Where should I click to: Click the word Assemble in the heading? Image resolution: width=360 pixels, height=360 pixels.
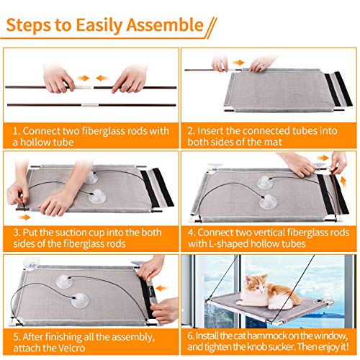pyautogui.click(x=165, y=24)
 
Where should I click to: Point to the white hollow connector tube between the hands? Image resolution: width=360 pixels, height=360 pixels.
pyautogui.click(x=83, y=87)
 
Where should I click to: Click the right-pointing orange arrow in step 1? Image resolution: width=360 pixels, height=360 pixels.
pyautogui.click(x=84, y=78)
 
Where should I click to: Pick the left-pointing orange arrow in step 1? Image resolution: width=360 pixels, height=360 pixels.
pyautogui.click(x=102, y=78)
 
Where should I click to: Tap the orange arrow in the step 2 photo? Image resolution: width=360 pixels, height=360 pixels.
pyautogui.click(x=238, y=63)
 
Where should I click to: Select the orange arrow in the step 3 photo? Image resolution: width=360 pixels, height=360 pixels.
pyautogui.click(x=24, y=217)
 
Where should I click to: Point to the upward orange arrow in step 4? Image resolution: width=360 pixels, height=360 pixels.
pyautogui.click(x=343, y=181)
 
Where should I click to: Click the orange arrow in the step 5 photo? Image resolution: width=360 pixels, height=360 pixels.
pyautogui.click(x=162, y=288)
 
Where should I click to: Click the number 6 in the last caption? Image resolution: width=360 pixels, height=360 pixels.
pyautogui.click(x=191, y=336)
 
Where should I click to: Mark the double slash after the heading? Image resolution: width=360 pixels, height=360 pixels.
pyautogui.click(x=211, y=28)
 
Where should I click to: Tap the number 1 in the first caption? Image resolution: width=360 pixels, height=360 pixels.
pyautogui.click(x=16, y=131)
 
